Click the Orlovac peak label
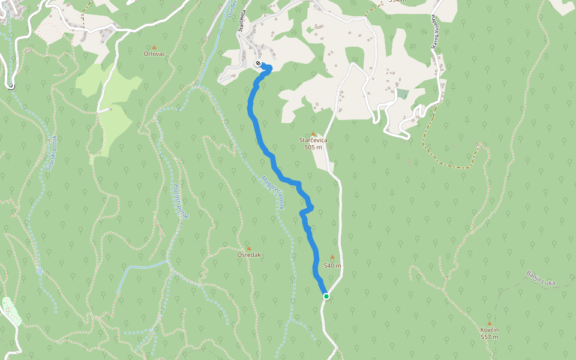[x=154, y=54]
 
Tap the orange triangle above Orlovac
[x=154, y=47]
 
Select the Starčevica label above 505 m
[x=313, y=140]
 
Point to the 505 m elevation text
[x=313, y=147]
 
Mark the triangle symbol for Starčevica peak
[x=313, y=133]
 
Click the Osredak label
[x=249, y=255]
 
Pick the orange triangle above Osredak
[x=249, y=248]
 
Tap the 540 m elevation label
[x=332, y=265]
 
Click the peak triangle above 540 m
[x=332, y=257]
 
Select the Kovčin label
[x=490, y=330]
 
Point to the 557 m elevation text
[x=490, y=337]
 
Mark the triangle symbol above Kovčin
[x=490, y=323]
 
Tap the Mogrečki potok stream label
[x=273, y=193]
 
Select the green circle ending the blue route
[x=326, y=296]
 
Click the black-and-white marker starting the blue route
[x=258, y=63]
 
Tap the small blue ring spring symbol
[x=40, y=271]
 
